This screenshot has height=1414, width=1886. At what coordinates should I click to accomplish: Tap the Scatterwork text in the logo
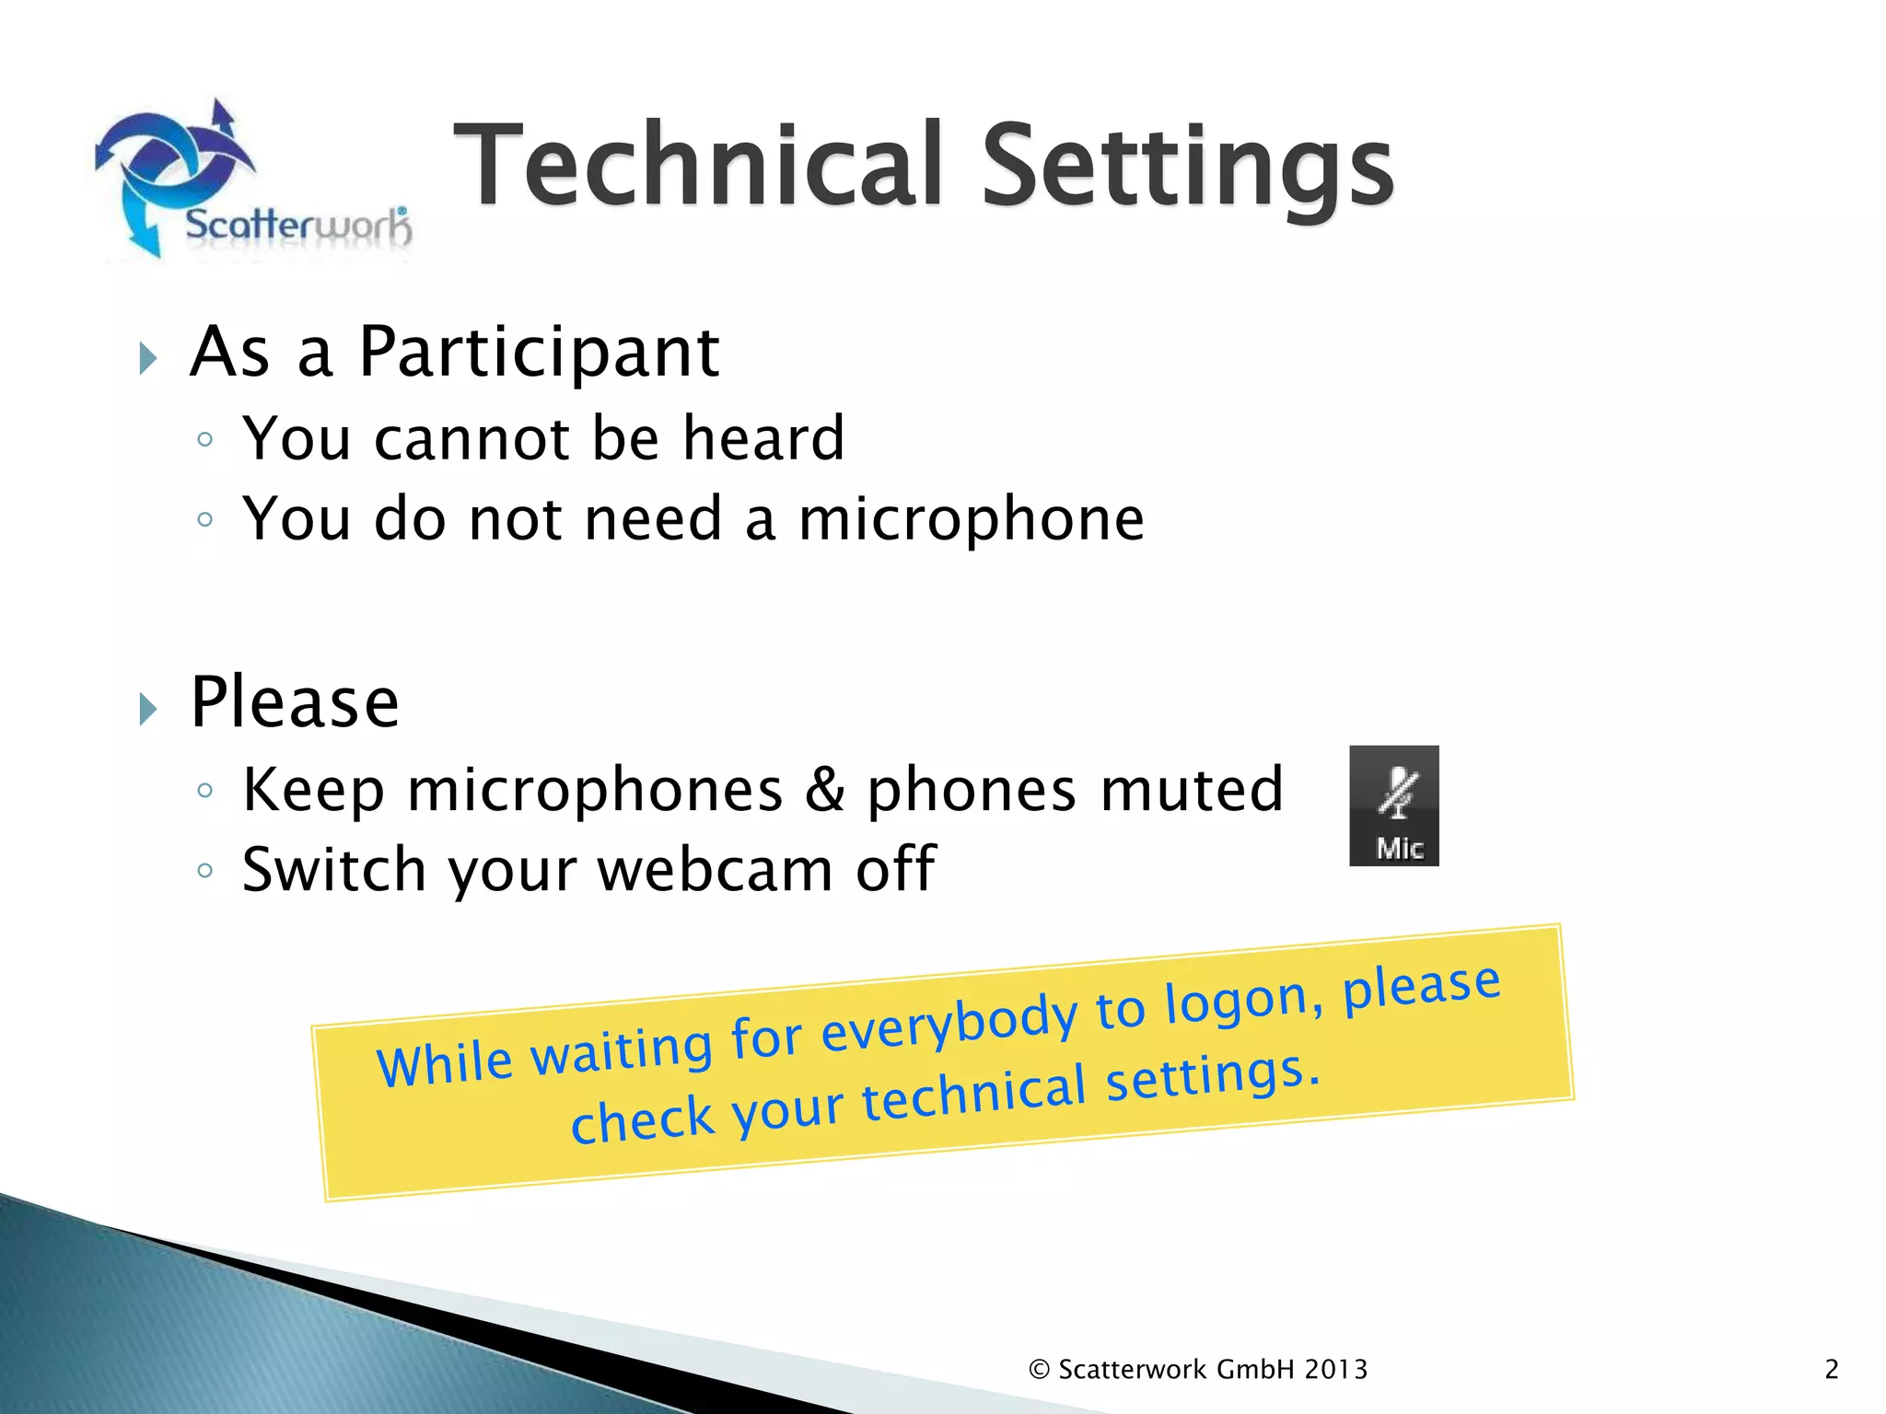click(297, 226)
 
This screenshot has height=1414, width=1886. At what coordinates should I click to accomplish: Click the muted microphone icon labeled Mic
click(1393, 806)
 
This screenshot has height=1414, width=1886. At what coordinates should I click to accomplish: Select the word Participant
click(539, 354)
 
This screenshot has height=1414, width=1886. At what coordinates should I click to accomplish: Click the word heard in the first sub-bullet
click(763, 438)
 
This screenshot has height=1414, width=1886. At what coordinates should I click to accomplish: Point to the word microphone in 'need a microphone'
click(972, 520)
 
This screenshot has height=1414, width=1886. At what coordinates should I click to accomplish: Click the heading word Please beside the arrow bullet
click(295, 703)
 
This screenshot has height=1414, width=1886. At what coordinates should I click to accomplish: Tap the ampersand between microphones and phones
click(825, 789)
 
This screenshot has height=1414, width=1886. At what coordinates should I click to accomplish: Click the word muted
click(1192, 789)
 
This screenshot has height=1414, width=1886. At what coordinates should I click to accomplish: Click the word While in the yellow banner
click(445, 1064)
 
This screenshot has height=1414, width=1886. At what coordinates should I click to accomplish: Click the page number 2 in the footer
click(1831, 1370)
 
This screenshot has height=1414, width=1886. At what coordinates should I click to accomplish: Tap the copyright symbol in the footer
click(1039, 1370)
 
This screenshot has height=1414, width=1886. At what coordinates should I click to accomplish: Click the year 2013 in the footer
click(1335, 1370)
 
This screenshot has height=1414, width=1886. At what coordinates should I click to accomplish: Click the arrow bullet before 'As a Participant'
click(148, 358)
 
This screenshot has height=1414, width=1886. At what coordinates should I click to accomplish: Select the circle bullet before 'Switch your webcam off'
click(205, 870)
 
